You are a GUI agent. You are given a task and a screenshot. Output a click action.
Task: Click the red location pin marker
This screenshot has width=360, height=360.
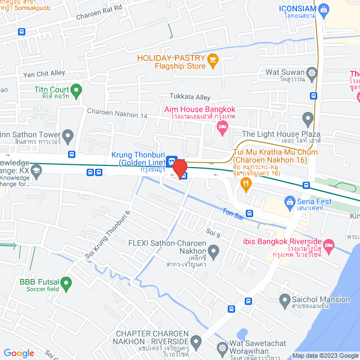click(179, 168)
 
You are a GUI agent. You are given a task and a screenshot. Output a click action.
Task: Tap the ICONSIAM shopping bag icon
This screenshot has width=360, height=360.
click(323, 9)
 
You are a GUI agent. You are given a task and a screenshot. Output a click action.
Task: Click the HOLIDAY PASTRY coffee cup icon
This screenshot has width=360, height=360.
click(213, 60)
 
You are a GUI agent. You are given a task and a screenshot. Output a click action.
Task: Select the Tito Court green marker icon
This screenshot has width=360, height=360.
click(76, 90)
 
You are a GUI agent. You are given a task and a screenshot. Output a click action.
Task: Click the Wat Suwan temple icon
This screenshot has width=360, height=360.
click(311, 73)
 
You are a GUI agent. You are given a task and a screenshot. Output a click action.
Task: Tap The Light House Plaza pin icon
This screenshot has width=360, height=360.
click(307, 119)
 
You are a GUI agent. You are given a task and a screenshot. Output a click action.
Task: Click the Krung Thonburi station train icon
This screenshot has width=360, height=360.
click(171, 159)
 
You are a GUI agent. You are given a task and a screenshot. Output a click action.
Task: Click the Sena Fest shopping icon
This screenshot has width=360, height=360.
click(290, 201)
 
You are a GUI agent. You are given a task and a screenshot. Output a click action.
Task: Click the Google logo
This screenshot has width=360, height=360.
click(19, 353)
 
